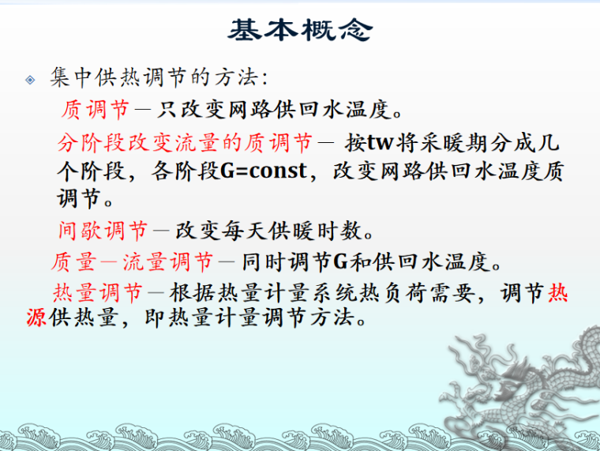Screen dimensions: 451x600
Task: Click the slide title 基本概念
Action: (x=299, y=30)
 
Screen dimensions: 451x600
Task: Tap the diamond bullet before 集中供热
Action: (x=30, y=80)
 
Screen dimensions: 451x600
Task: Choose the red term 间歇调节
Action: (x=103, y=231)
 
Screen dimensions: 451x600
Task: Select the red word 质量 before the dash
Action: (x=73, y=261)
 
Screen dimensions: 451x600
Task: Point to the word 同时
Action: (x=261, y=261)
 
